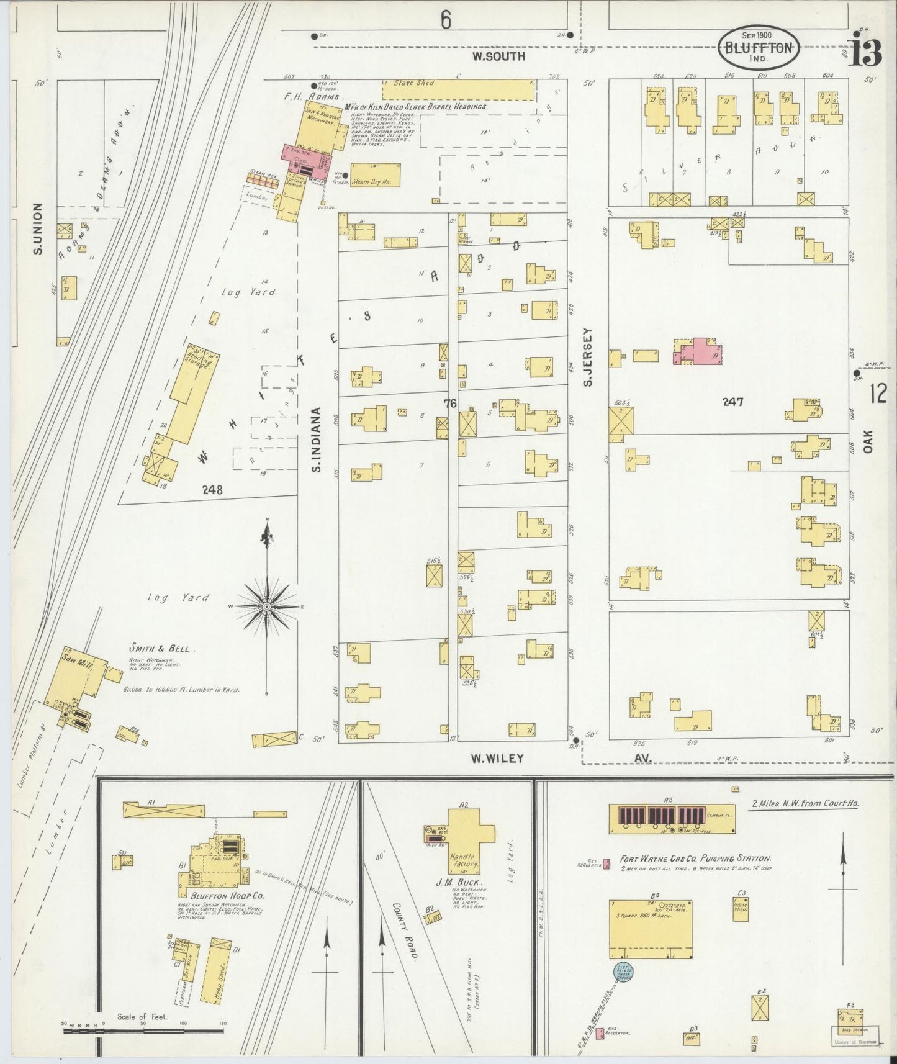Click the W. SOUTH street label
click(498, 56)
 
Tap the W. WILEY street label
click(497, 758)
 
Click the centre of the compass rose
click(267, 605)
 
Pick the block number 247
click(732, 402)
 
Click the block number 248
click(212, 490)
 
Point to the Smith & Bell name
click(161, 648)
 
